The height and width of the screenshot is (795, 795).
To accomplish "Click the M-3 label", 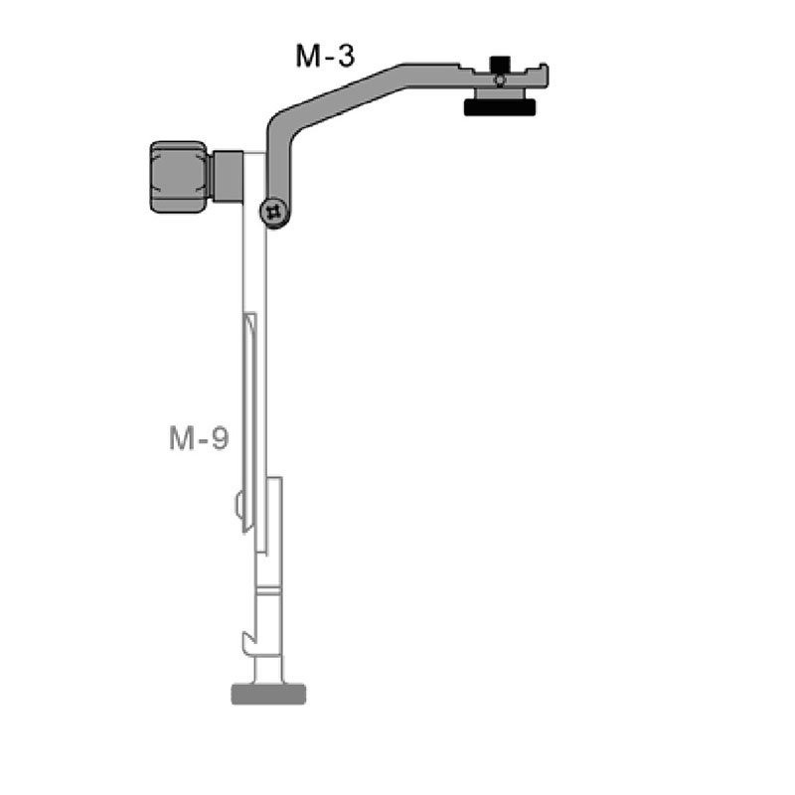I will [x=325, y=56].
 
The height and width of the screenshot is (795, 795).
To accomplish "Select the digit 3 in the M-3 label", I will [x=344, y=56].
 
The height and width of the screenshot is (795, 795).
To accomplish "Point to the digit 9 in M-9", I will [x=220, y=437].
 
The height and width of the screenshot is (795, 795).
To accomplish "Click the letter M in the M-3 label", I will [x=306, y=56].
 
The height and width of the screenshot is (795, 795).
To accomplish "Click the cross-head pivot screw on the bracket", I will [x=273, y=212].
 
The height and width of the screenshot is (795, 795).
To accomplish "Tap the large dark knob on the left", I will [x=179, y=176].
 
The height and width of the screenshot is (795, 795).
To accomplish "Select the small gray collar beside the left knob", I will [x=228, y=175].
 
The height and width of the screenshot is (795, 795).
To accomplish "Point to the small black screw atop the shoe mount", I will [x=499, y=66].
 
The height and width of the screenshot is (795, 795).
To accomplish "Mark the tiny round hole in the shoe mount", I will [x=499, y=79].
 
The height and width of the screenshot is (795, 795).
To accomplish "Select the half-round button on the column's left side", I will [x=239, y=506].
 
